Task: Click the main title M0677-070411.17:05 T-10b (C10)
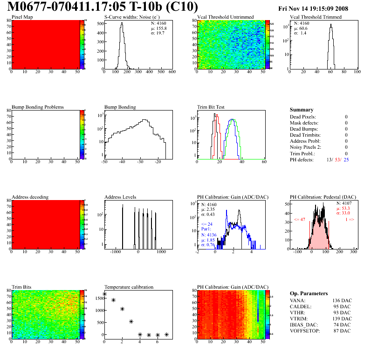(103, 7)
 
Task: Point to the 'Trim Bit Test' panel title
(211, 107)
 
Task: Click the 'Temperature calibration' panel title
(129, 287)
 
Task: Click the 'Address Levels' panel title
(120, 197)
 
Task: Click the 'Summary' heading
(301, 110)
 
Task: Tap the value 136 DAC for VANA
(341, 300)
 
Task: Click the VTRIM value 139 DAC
(341, 318)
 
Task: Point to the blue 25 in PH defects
(346, 159)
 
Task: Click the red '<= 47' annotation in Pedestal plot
(299, 219)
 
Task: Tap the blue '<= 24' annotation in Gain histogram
(206, 224)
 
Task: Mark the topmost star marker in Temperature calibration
(104, 294)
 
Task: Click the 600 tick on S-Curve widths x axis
(172, 72)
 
